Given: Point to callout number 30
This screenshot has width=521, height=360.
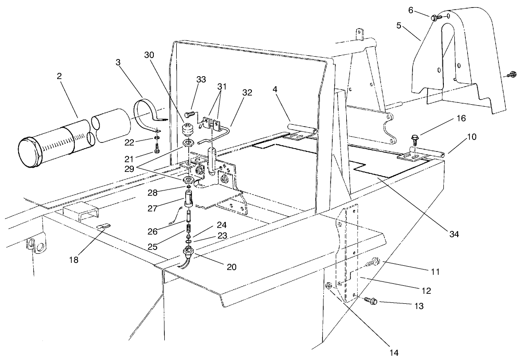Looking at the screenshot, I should point(150,55).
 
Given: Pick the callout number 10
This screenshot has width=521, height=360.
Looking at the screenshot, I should point(471,138).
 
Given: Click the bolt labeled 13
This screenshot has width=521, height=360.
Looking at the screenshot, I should point(370,300).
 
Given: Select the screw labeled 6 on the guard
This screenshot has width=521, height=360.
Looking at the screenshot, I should point(435,18).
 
